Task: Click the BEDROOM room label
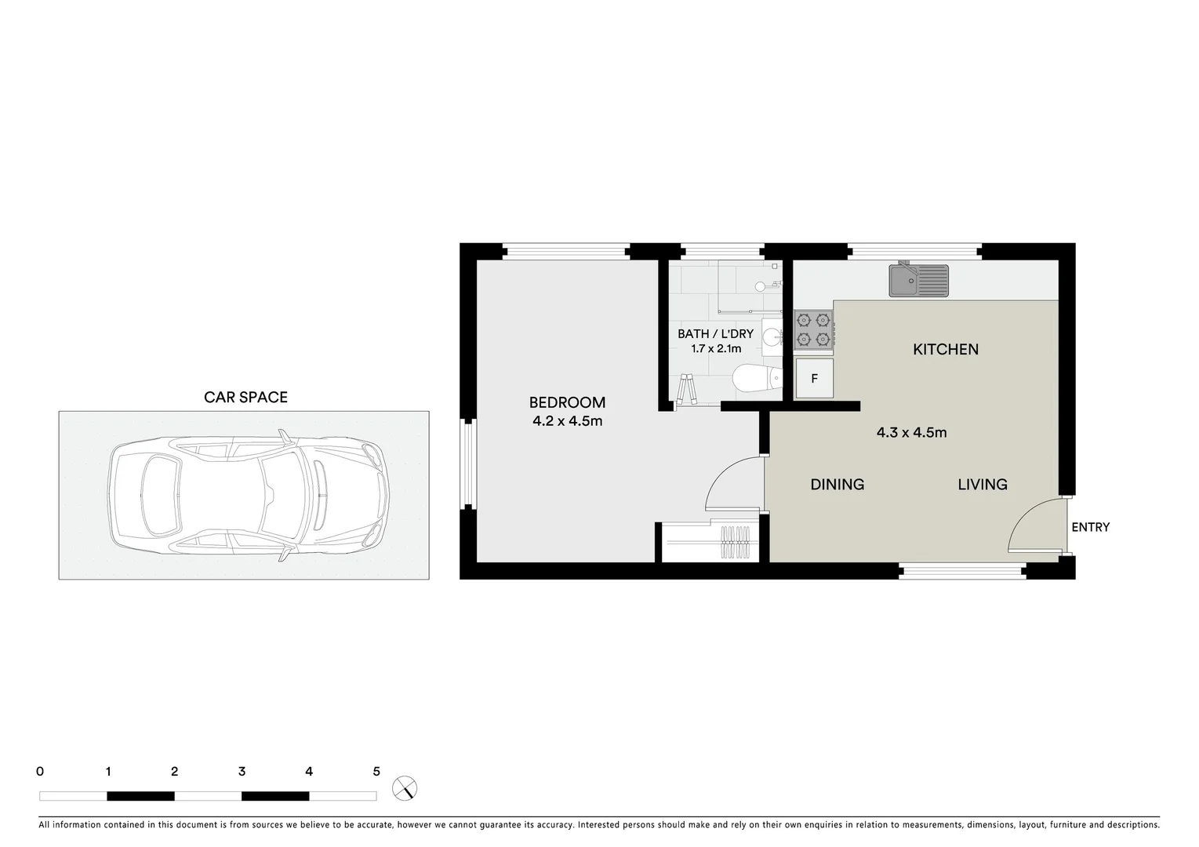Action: pos(567,402)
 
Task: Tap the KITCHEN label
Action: pos(945,349)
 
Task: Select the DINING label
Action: pos(837,485)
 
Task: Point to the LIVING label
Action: pos(982,485)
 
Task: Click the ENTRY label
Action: pos(1090,527)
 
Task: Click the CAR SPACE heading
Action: pos(245,397)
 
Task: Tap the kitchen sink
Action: pos(917,280)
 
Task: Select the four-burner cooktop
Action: pos(812,329)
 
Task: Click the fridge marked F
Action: pos(814,379)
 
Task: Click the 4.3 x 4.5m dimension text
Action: pos(911,432)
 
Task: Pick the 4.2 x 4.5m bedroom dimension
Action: pos(567,421)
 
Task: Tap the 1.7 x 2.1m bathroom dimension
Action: pos(715,349)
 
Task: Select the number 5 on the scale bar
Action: pos(376,772)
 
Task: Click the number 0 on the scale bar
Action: pos(40,772)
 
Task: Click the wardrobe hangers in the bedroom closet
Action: pos(737,542)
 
